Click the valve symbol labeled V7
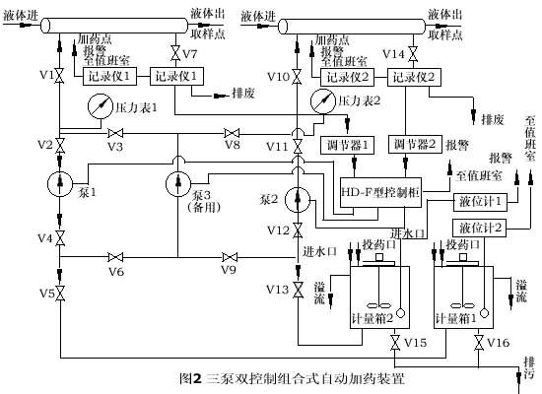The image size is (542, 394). pyautogui.click(x=175, y=53)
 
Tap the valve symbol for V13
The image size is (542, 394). pyautogui.click(x=298, y=290)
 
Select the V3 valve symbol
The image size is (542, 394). pyautogui.click(x=115, y=133)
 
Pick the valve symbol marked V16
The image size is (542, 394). pyautogui.click(x=479, y=343)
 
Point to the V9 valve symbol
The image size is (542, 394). pyautogui.click(x=230, y=257)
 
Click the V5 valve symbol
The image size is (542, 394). pyautogui.click(x=60, y=294)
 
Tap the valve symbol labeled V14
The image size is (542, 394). pyautogui.click(x=413, y=54)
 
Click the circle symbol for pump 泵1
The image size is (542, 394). pyautogui.click(x=60, y=183)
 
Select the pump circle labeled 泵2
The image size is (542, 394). pyautogui.click(x=298, y=200)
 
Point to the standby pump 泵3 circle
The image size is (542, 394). pyautogui.click(x=178, y=184)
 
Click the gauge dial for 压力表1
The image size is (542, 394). pyautogui.click(x=101, y=106)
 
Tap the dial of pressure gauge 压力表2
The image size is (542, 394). pyautogui.click(x=323, y=100)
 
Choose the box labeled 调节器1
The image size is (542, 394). pyautogui.click(x=347, y=146)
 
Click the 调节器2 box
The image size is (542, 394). pyautogui.click(x=415, y=144)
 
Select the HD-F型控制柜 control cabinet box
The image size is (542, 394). pyautogui.click(x=380, y=192)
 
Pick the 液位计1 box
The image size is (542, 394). pyautogui.click(x=480, y=202)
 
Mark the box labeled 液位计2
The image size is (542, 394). pyautogui.click(x=479, y=228)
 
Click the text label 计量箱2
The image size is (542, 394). pyautogui.click(x=373, y=318)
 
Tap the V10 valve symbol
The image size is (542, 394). pyautogui.click(x=297, y=77)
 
